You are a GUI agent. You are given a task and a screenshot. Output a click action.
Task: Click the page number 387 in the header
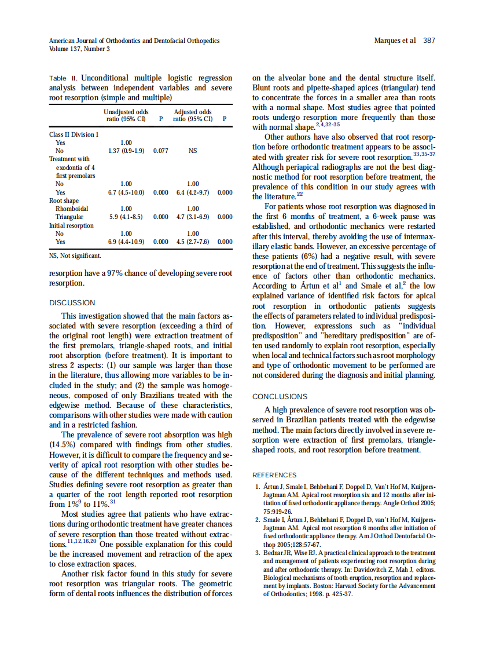pyautogui.click(x=429, y=41)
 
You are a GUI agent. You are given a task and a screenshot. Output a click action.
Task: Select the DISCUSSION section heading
pyautogui.click(x=72, y=302)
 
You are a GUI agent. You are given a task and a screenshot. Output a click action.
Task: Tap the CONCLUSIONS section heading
pyautogui.click(x=280, y=397)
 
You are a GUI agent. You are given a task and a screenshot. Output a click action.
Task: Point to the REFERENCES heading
pyautogui.click(x=274, y=475)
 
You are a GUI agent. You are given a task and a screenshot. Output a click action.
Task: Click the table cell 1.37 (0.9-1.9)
pyautogui.click(x=126, y=151)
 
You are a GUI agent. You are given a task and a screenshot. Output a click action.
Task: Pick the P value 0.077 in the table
pyautogui.click(x=160, y=151)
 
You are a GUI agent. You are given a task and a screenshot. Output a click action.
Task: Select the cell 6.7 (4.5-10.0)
pyautogui.click(x=126, y=192)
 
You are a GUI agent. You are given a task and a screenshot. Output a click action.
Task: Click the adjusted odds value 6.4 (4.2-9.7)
pyautogui.click(x=193, y=192)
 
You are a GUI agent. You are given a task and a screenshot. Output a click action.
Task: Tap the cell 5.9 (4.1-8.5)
pyautogui.click(x=126, y=217)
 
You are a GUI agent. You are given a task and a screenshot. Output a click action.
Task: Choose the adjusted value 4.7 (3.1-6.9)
pyautogui.click(x=193, y=217)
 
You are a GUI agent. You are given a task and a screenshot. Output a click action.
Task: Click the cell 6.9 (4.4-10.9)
pyautogui.click(x=126, y=242)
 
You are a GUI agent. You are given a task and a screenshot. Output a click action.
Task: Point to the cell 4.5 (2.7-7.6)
pyautogui.click(x=193, y=242)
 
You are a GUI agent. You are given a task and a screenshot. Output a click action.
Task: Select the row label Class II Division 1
pyautogui.click(x=74, y=134)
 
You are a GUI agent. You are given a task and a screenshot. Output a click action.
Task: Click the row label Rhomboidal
pyautogui.click(x=72, y=209)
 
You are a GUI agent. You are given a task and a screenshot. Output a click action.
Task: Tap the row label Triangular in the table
pyautogui.click(x=70, y=217)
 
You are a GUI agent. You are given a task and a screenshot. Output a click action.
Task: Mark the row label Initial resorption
pyautogui.click(x=71, y=225)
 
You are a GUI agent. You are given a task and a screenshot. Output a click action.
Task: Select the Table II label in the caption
pyautogui.click(x=63, y=78)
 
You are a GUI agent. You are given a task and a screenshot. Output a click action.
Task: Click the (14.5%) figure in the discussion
pyautogui.click(x=63, y=445)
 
